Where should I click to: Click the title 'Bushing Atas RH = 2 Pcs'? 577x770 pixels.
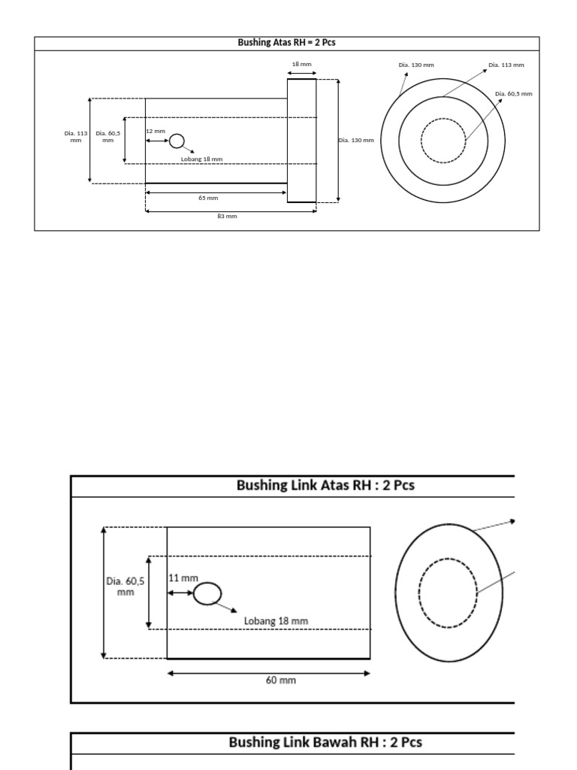point(286,43)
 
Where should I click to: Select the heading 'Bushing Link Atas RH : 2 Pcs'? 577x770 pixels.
point(325,486)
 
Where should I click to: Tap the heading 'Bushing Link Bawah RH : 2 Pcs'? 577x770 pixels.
point(325,743)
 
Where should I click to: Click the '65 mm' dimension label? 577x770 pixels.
point(208,198)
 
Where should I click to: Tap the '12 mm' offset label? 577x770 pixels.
point(156,131)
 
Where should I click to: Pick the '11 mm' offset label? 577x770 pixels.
point(183,578)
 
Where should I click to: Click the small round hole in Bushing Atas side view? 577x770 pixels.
point(177,141)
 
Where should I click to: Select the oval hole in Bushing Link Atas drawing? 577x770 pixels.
point(207,594)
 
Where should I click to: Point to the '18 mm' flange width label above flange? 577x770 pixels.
point(301,65)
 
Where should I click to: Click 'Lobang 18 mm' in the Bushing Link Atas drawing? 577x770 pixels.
point(276,621)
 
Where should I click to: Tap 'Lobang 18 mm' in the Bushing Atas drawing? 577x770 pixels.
point(201,159)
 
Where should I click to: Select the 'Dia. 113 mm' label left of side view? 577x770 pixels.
point(75,137)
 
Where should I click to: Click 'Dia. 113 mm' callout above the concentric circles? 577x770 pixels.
point(506,65)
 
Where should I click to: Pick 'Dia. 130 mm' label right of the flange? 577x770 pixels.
point(355,141)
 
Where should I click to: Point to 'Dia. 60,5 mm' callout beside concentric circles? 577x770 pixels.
point(514,94)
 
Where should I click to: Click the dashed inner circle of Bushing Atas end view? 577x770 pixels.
point(443,140)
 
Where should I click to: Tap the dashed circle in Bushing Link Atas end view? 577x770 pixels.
point(448,592)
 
